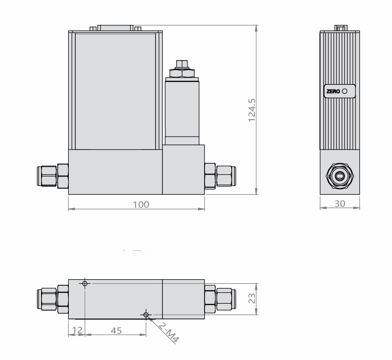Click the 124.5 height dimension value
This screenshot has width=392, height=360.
tap(253, 109)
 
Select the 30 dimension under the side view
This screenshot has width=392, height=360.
tap(339, 203)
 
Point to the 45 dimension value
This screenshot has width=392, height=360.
tap(115, 330)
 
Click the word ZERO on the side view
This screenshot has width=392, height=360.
tap(333, 92)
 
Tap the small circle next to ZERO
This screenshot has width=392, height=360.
tap(345, 91)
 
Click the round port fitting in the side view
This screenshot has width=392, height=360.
tap(340, 175)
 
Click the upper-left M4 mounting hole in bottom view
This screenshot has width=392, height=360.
tap(84, 283)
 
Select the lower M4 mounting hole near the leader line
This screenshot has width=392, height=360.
tap(146, 315)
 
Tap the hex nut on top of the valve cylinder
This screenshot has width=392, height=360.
tap(182, 73)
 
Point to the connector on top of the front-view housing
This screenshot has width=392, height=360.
tap(115, 28)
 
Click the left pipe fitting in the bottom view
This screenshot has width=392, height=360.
tap(52, 299)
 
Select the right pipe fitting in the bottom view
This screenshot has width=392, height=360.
tap(220, 299)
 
